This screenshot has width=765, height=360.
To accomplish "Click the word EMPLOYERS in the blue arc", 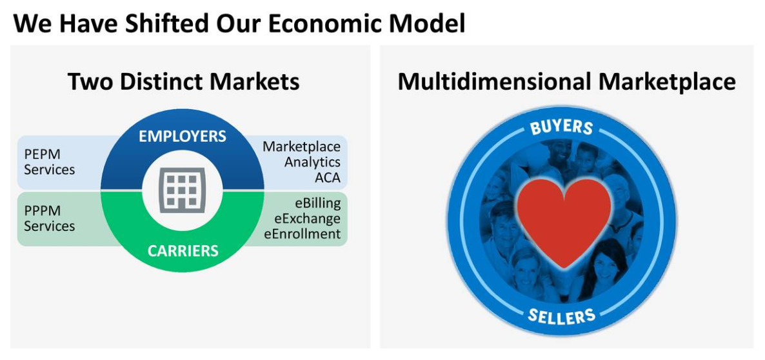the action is click(183, 136).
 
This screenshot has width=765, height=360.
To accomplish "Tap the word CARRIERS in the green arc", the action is click(183, 251).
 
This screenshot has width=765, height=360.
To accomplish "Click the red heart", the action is click(564, 222).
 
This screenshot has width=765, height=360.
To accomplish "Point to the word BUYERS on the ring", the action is click(562, 126).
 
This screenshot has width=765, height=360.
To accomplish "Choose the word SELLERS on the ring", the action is click(562, 317).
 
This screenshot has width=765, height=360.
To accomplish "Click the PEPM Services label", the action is click(49, 162).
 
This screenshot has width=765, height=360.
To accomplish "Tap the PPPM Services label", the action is click(49, 219).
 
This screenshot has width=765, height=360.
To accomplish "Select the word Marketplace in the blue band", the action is click(301, 146).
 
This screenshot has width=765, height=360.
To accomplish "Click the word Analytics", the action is click(312, 161).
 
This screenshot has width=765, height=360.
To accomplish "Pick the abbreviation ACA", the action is click(328, 177).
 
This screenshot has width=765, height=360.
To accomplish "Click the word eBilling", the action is click(317, 203).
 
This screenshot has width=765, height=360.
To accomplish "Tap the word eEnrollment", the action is click(303, 234).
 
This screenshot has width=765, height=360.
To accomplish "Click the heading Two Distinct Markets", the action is click(183, 81).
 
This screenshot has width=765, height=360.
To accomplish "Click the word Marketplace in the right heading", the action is click(667, 82).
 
